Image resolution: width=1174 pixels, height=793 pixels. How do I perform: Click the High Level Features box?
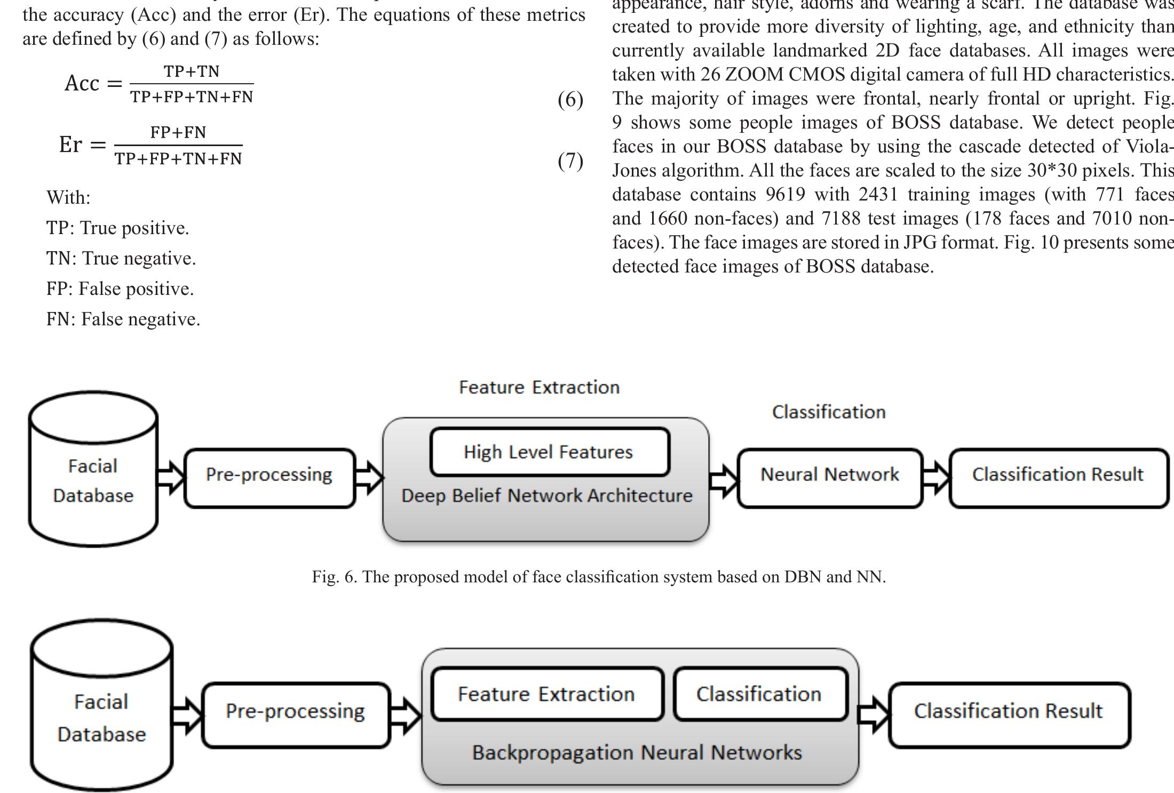tap(549, 452)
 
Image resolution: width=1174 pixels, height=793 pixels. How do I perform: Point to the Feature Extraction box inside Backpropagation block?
tap(546, 694)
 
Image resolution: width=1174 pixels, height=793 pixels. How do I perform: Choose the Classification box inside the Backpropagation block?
tap(760, 694)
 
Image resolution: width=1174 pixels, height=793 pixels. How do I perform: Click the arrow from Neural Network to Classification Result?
tap(936, 476)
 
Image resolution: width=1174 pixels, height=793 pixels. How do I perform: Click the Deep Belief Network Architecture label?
tap(546, 496)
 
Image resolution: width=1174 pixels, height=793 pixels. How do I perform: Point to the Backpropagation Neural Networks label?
tap(637, 753)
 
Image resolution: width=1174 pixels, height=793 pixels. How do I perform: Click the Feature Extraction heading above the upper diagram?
tap(539, 387)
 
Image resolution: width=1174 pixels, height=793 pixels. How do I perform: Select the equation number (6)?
tap(570, 100)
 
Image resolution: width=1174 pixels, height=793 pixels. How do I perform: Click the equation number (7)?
tap(570, 161)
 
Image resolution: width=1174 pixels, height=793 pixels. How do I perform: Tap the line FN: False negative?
tap(123, 319)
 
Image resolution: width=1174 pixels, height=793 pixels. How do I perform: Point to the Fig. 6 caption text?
tap(599, 576)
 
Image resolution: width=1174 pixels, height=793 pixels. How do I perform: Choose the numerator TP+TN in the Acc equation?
tap(192, 71)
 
